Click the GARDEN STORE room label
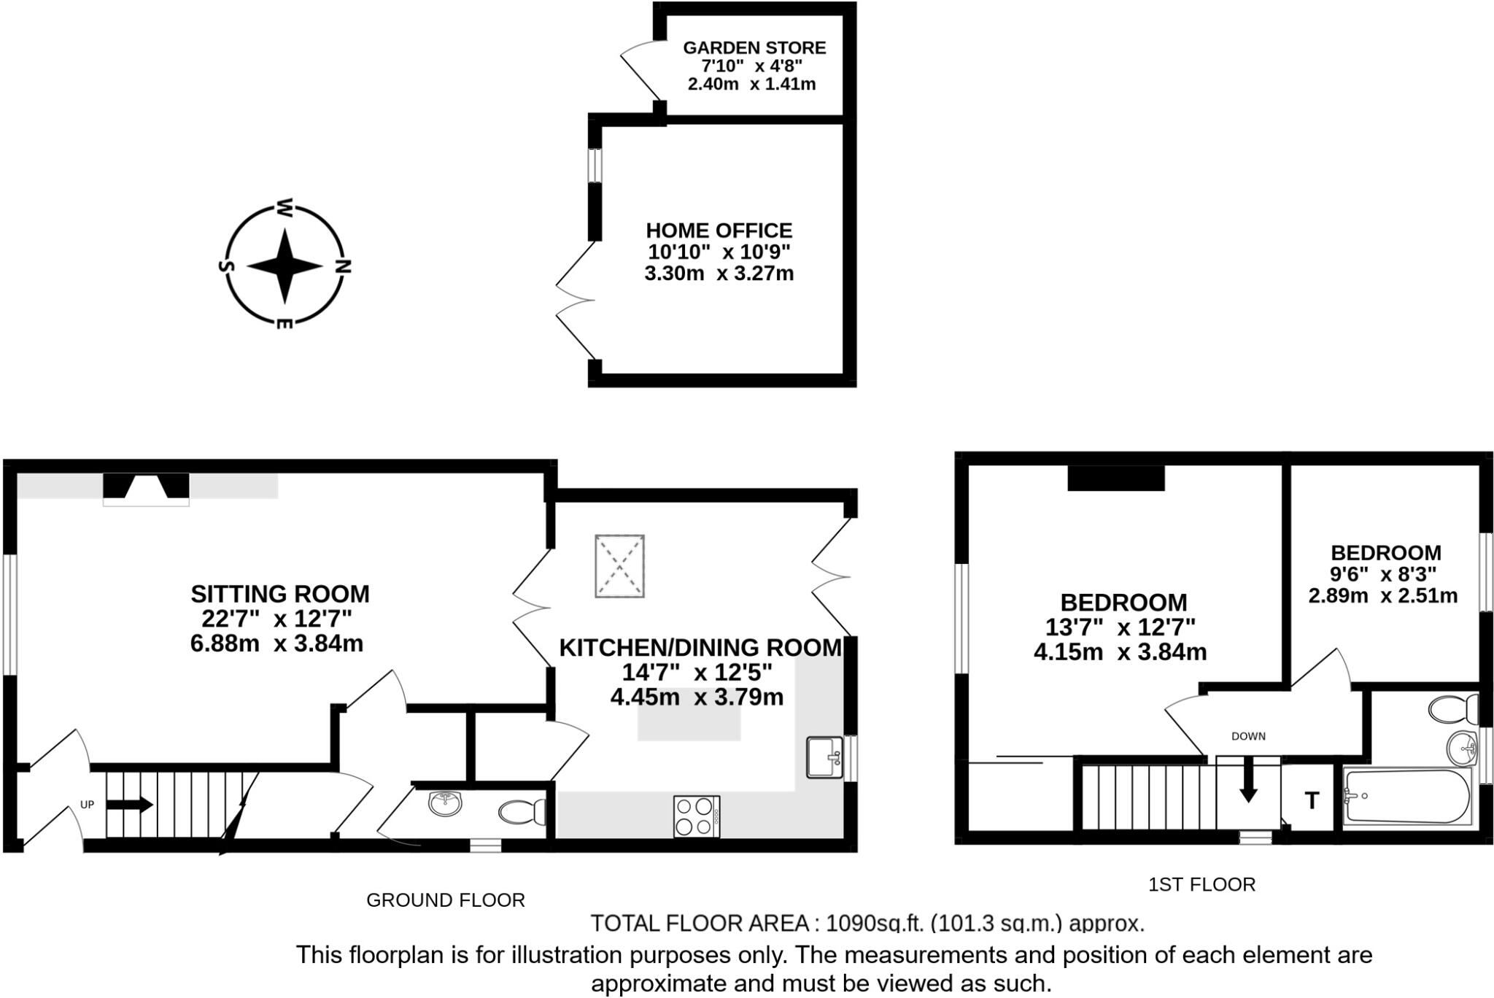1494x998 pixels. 754,48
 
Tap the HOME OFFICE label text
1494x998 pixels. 719,231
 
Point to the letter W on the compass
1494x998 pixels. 285,209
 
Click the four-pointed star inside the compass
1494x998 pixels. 284,266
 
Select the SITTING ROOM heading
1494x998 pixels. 280,594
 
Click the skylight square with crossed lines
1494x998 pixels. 619,566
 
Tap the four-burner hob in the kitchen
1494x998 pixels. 696,816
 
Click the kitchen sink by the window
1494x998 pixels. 824,757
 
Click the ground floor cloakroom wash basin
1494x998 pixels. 445,804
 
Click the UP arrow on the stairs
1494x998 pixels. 130,805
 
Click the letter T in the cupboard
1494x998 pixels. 1312,801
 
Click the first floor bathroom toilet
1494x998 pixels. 1452,708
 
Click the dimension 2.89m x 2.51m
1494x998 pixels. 1382,596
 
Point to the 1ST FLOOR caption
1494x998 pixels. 1201,885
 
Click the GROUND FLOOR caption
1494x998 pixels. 445,900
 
